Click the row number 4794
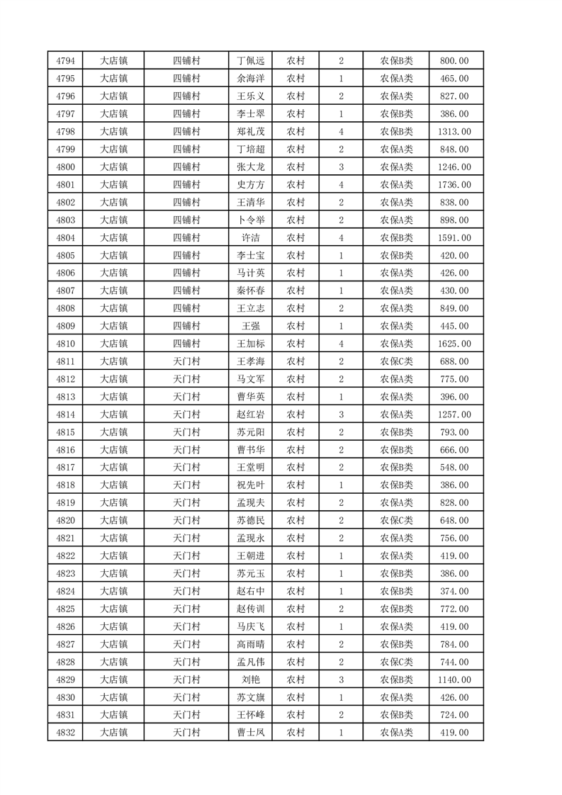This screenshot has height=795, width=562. point(65,61)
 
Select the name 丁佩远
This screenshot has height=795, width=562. point(251,61)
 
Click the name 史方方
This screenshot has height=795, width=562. point(251,185)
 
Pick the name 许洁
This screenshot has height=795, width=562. point(251,237)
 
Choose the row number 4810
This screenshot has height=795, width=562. point(65,344)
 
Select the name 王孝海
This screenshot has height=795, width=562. point(251,361)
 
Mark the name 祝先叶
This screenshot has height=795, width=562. point(251,485)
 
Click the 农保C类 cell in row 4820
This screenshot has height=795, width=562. point(396,521)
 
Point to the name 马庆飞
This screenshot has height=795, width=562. point(251,626)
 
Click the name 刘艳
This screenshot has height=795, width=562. point(251,680)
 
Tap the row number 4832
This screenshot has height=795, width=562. point(65,733)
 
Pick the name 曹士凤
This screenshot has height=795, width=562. point(251,733)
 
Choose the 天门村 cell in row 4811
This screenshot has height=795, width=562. point(187,361)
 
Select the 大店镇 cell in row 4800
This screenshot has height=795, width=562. point(113,167)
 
